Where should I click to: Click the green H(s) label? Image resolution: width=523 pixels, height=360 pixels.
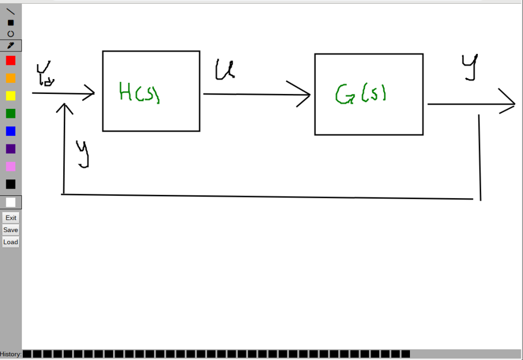(x=139, y=93)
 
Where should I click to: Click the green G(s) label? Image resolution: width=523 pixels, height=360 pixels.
(x=361, y=94)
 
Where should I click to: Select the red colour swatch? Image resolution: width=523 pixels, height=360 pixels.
(x=11, y=61)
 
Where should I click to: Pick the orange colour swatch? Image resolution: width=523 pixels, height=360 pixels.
(x=11, y=78)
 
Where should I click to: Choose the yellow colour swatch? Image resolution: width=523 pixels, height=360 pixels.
(x=11, y=96)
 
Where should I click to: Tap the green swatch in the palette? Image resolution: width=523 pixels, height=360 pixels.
(x=11, y=113)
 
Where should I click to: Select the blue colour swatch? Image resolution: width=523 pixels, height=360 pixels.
(x=11, y=131)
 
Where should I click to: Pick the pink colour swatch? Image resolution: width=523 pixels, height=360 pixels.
(x=11, y=167)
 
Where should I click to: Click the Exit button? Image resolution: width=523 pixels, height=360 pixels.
(x=11, y=218)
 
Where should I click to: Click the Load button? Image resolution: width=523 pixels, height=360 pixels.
(x=11, y=242)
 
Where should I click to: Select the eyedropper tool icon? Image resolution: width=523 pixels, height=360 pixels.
(x=11, y=46)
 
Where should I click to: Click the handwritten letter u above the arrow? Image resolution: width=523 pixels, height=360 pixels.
(x=224, y=70)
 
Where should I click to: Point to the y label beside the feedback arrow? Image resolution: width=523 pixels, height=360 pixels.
(x=82, y=154)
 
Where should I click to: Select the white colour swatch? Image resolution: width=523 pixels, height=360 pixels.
(x=11, y=202)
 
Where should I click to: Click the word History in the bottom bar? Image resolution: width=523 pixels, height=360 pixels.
(x=11, y=354)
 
